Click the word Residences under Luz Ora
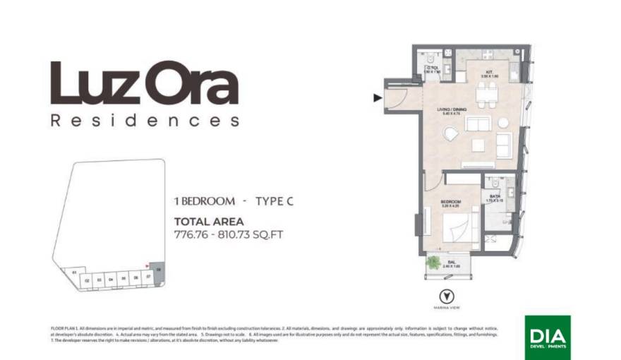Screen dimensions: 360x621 click(145, 121)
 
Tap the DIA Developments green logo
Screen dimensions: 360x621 click(548, 337)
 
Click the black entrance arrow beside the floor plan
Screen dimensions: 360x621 click(378, 98)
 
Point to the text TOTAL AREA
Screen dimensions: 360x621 click(208, 222)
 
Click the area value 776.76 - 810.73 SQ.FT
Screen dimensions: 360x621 click(228, 234)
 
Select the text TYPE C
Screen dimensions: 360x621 click(274, 201)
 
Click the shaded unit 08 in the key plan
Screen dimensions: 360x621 click(159, 270)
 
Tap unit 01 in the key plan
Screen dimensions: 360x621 click(73, 272)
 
